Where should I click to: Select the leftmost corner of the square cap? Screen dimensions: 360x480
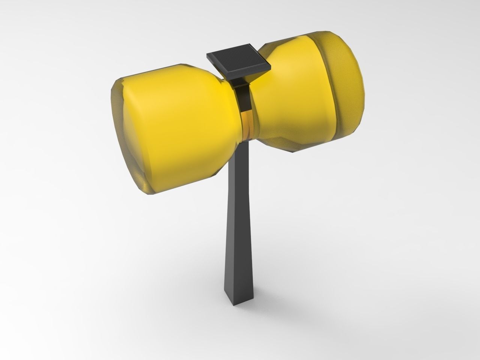(x=207, y=56)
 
